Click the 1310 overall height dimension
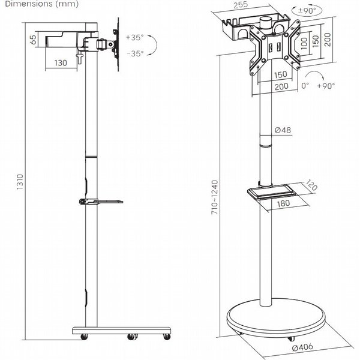click(20, 182)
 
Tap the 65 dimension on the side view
click(33, 40)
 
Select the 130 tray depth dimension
click(61, 63)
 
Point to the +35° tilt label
click(134, 37)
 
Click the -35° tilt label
click(135, 53)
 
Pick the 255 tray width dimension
click(241, 5)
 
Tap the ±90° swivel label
click(307, 10)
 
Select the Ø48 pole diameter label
click(283, 130)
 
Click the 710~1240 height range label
click(214, 197)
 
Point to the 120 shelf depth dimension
click(311, 185)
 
